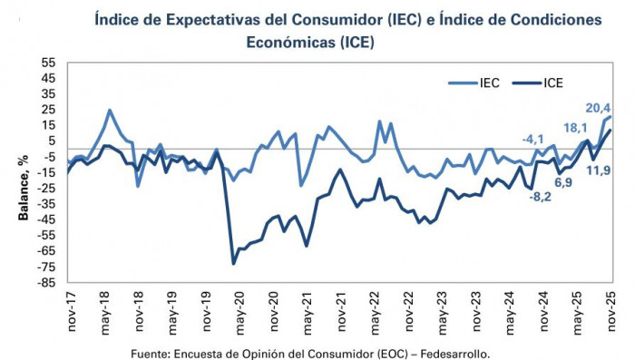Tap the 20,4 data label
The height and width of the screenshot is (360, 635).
597,106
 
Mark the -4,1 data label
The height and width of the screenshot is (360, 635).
533,139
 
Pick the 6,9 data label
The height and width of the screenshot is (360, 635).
563,182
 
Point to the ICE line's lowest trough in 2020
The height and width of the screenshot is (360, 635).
234,264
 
